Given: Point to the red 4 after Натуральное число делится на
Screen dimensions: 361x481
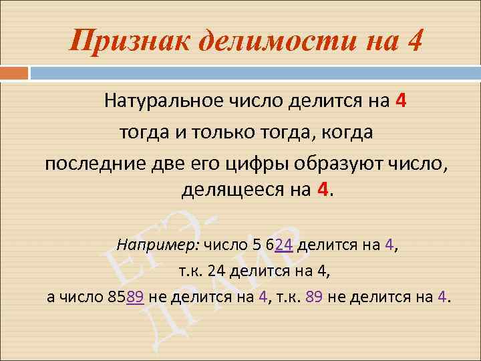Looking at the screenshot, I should click(400, 102).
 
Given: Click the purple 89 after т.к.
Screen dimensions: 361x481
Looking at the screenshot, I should click(314, 297).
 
